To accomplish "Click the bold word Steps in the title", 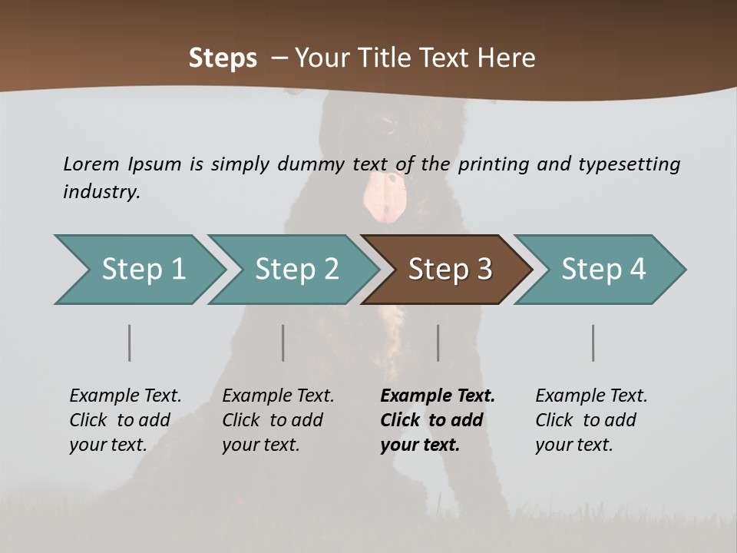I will pos(223,58).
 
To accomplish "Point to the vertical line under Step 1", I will pos(130,343).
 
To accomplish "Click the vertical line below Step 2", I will pos(283,343).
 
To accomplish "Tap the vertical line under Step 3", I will pos(438,343).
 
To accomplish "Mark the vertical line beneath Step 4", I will pos(593,343).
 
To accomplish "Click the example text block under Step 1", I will pos(125,420).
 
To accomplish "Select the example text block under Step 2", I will pos(278,420).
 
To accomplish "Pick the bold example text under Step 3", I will pos(438,420).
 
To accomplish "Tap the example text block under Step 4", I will pos(591,420).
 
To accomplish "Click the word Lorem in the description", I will pos(91,164).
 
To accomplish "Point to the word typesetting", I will pos(629,164).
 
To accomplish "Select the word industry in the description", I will pos(101,192).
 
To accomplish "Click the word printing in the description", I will pos(491,164).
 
